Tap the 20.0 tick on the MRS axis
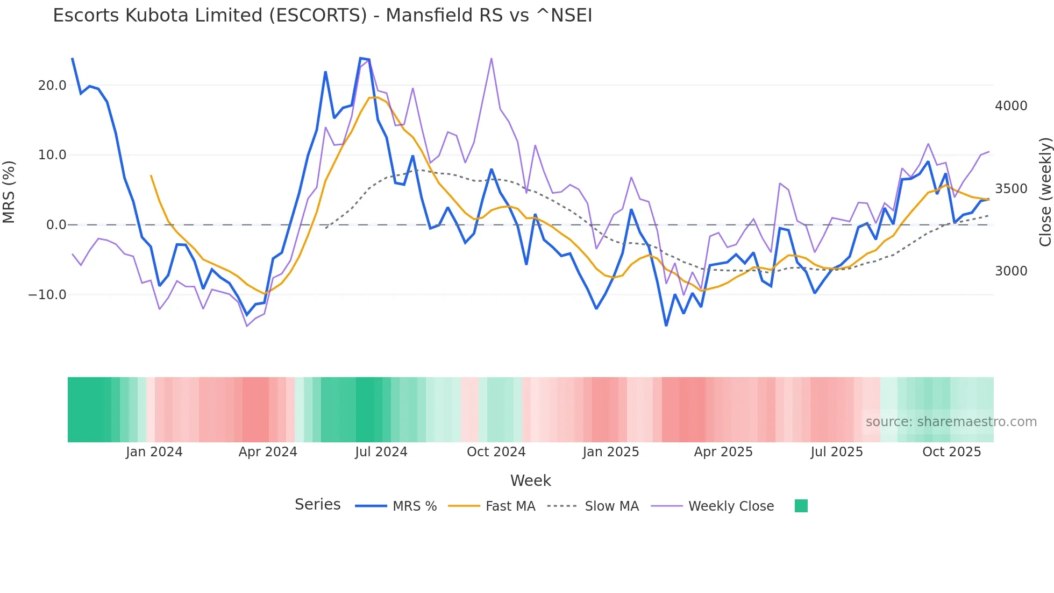[x=52, y=86]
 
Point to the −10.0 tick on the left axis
[x=47, y=295]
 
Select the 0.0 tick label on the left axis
[x=56, y=225]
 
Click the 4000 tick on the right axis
[x=1011, y=106]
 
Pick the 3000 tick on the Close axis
[x=1011, y=271]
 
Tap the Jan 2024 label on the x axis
[x=154, y=452]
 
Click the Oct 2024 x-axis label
[x=496, y=452]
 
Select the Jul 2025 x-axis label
[x=837, y=452]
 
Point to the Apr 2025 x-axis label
[x=723, y=452]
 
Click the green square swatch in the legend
[x=801, y=506]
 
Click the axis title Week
[x=530, y=481]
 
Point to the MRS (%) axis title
[x=9, y=192]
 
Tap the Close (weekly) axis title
[x=1045, y=192]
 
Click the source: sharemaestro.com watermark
[x=951, y=422]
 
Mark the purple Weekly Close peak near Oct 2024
[x=492, y=59]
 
